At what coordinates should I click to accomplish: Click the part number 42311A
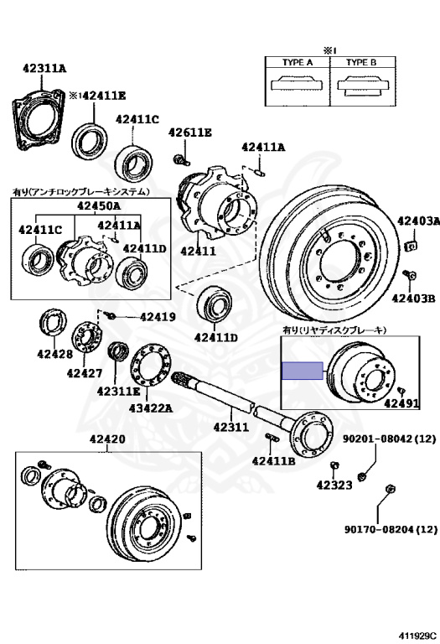pos(44,68)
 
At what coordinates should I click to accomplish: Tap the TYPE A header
pos(298,62)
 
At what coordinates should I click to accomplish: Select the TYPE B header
pos(361,62)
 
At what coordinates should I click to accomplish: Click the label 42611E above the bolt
pos(190,132)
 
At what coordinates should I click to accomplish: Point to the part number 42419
pos(158,317)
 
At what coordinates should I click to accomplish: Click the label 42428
pos(54,354)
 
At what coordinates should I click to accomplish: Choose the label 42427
pos(84,373)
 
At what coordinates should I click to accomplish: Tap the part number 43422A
pos(151,408)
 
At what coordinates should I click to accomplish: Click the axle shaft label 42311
pos(231,427)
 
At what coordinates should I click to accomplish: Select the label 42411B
pos(274,461)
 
